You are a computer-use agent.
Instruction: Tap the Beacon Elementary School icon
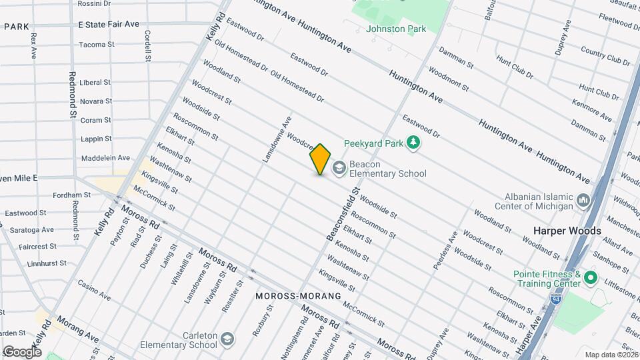pos(339,167)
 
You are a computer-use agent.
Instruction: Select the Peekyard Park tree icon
pos(414,143)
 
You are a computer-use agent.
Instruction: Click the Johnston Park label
pos(395,29)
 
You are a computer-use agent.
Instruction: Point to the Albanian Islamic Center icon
pos(583,200)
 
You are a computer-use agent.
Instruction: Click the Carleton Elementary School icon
pos(227,339)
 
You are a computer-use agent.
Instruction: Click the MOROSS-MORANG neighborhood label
pos(298,295)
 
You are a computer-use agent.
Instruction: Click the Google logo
pos(22,351)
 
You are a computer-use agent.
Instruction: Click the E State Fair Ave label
pos(109,24)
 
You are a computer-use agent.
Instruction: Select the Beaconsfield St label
pos(343,214)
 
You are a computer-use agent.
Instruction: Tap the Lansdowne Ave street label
pos(277,141)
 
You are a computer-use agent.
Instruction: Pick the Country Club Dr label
pos(605,56)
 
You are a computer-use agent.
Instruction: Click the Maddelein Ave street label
pos(105,158)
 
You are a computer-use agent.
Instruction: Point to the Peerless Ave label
pos(445,250)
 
